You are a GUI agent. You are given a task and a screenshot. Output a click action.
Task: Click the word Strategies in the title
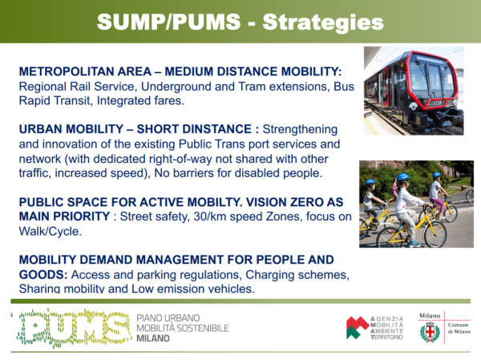pyautogui.click(x=323, y=23)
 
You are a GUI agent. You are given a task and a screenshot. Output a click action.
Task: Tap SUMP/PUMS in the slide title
pyautogui.click(x=168, y=22)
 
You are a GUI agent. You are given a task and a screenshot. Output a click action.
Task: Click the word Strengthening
pyautogui.click(x=300, y=130)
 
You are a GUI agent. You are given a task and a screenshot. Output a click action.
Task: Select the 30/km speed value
pyautogui.click(x=210, y=216)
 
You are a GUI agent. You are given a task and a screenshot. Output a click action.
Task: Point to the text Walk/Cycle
pyautogui.click(x=51, y=231)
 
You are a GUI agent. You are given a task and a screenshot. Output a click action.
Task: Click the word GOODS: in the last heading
pyautogui.click(x=43, y=274)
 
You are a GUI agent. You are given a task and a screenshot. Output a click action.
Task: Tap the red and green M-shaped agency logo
pyautogui.click(x=357, y=327)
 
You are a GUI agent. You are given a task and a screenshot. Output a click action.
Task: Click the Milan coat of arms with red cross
pyautogui.click(x=430, y=332)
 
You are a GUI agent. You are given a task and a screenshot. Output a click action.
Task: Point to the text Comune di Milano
pyautogui.click(x=459, y=328)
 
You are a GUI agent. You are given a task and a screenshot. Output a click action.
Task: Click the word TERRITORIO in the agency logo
pyautogui.click(x=387, y=338)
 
